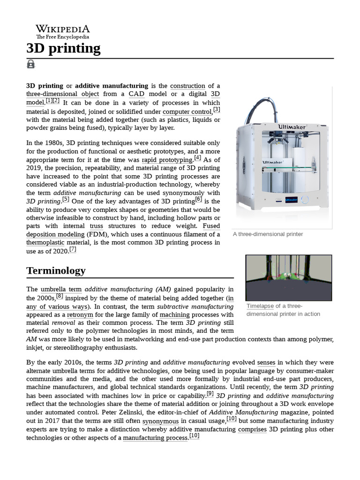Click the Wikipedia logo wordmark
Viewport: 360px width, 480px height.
tap(63, 29)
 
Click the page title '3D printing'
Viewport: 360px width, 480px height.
tap(63, 48)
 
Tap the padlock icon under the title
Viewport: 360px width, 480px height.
tap(31, 64)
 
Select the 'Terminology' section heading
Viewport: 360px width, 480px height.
tap(56, 270)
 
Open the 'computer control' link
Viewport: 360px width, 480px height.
tap(187, 112)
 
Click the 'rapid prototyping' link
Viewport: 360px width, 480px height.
tap(167, 160)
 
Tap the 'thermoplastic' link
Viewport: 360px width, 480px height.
tap(45, 242)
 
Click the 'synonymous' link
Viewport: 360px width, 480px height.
tap(160, 421)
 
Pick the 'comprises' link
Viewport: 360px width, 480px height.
tap(252, 429)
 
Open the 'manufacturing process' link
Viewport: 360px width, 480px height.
tap(156, 438)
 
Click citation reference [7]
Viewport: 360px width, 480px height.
tap(73, 249)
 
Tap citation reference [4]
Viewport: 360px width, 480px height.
tap(197, 158)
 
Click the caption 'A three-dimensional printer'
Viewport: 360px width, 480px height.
tap(268, 234)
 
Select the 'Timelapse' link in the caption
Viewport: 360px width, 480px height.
tap(260, 306)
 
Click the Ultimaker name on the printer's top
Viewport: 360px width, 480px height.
tap(292, 127)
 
